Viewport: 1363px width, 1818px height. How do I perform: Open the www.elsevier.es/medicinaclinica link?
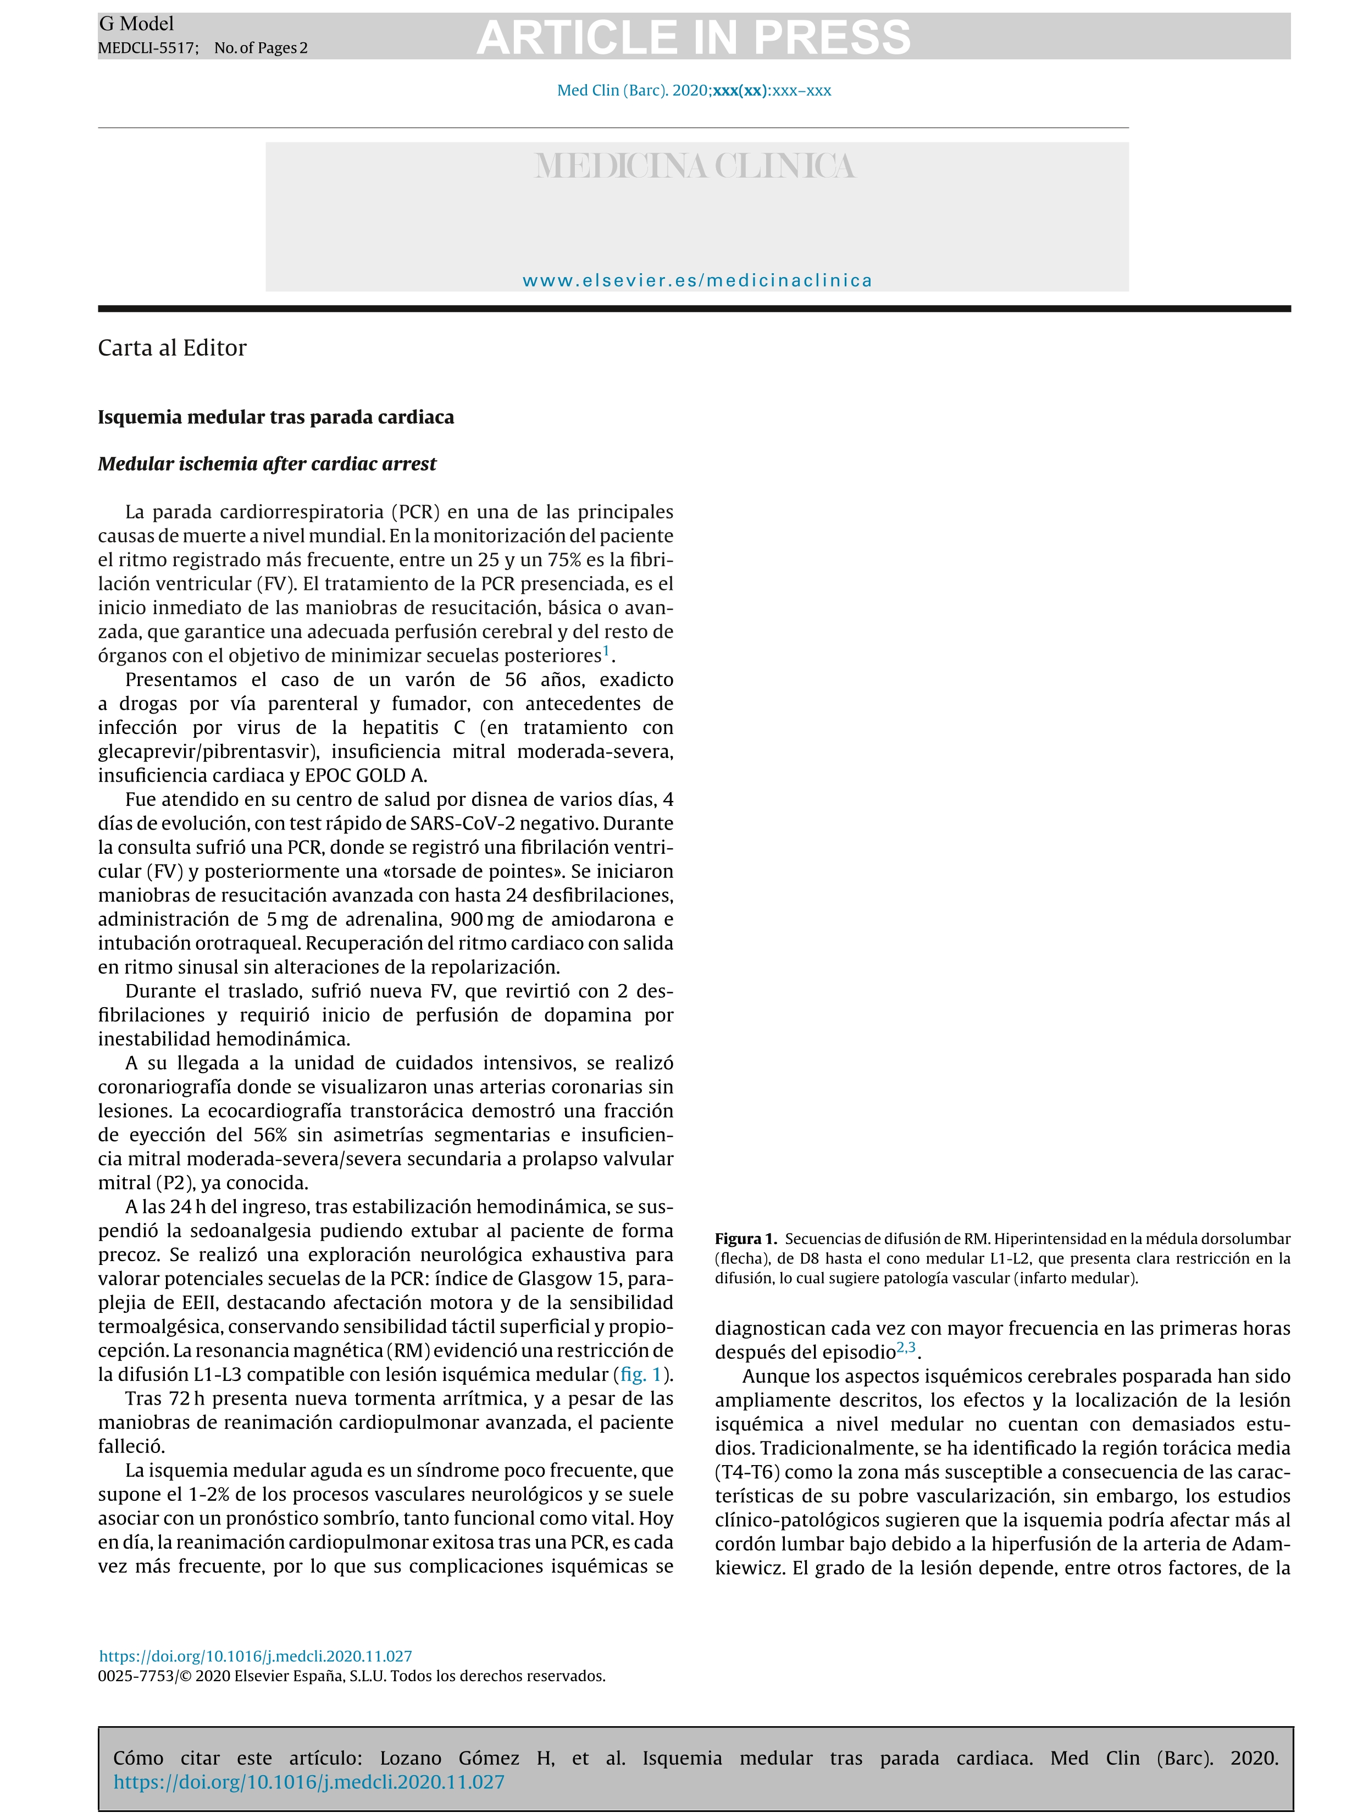697,280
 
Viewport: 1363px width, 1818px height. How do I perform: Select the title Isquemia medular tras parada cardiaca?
275,417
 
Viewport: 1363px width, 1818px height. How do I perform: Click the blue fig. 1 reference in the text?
641,1374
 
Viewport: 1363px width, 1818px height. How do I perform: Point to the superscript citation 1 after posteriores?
606,651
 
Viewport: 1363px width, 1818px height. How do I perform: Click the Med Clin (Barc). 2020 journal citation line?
694,90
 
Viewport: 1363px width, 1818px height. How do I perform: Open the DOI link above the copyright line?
256,1656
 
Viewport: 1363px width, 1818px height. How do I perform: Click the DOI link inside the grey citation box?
309,1782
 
